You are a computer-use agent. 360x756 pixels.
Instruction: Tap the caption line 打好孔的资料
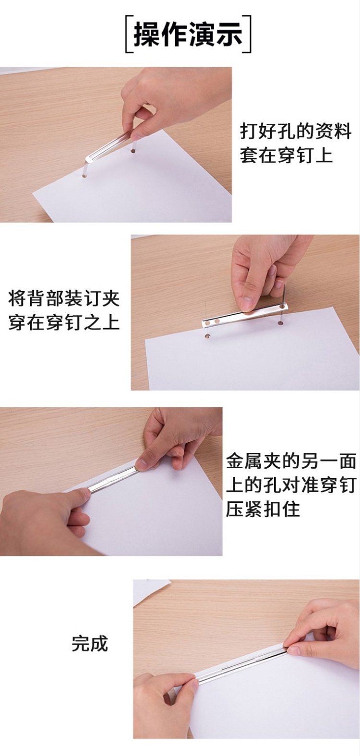point(296,131)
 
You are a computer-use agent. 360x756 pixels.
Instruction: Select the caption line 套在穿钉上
point(287,155)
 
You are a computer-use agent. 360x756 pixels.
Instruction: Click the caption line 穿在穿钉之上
point(64,322)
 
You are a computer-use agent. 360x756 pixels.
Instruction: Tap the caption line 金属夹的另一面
point(291,461)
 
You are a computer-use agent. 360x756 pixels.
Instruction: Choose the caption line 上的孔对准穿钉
point(291,485)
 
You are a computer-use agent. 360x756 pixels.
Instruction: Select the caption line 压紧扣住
point(263,509)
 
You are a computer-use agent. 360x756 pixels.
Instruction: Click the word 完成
point(90,644)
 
